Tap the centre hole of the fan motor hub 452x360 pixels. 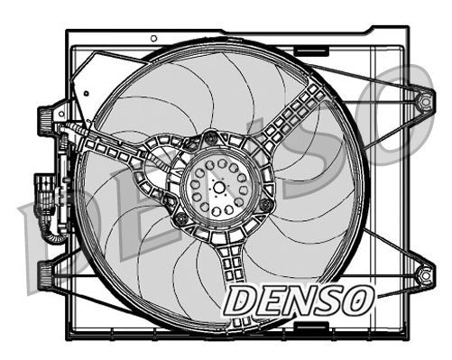click(x=220, y=185)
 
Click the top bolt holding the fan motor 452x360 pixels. click(x=211, y=138)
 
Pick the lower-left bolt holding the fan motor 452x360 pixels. click(x=181, y=219)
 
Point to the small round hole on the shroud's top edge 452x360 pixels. click(x=154, y=38)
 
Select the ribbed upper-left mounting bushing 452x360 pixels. click(x=44, y=118)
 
